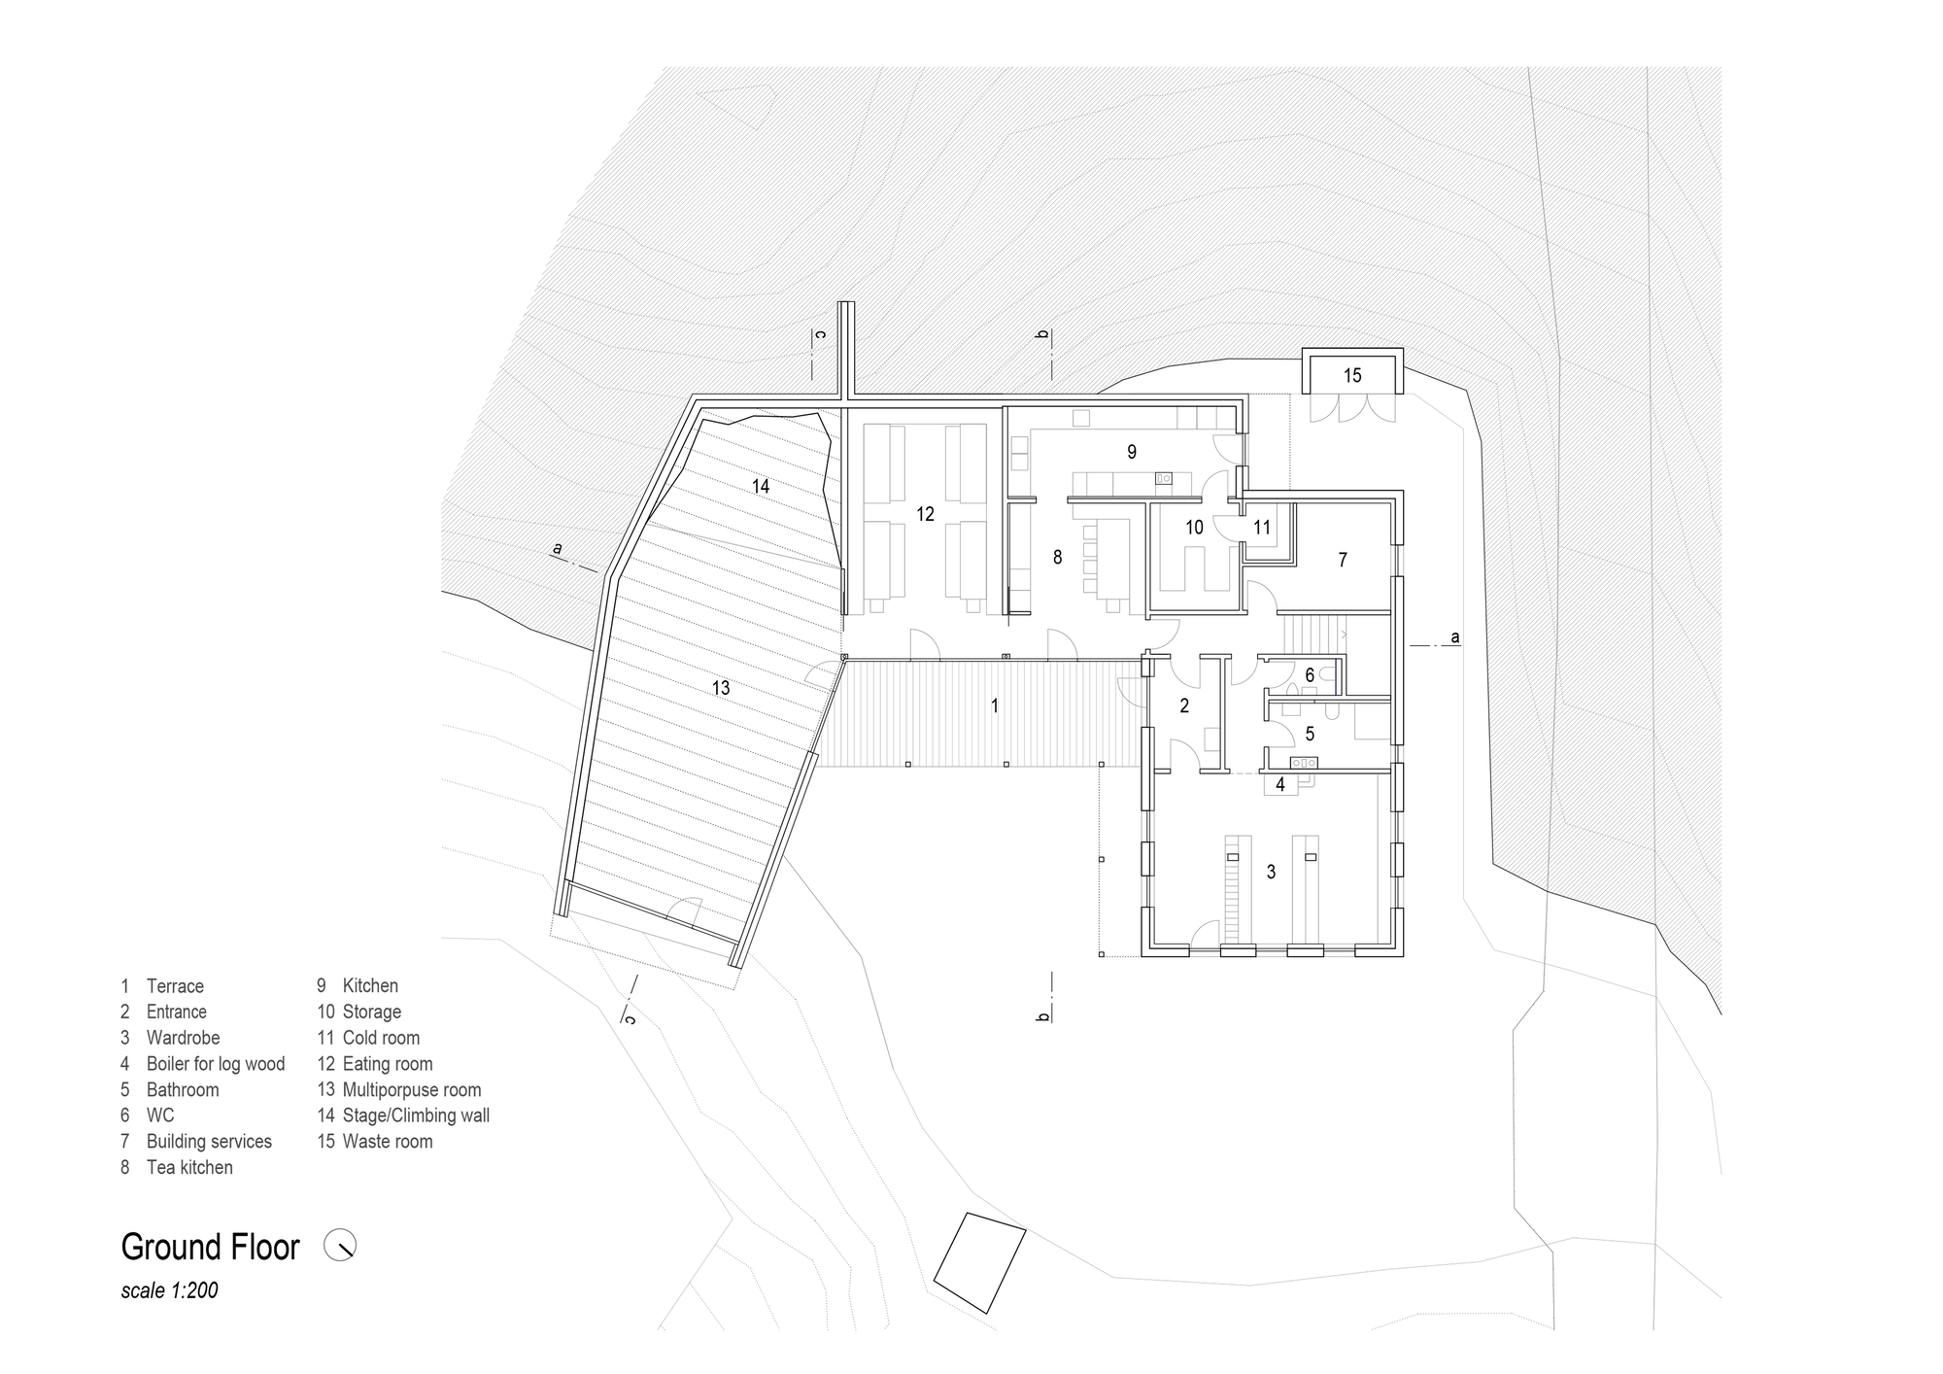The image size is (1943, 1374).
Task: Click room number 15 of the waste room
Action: coord(1352,376)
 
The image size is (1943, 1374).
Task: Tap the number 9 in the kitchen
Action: coord(1132,452)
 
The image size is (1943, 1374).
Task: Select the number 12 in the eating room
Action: coord(925,514)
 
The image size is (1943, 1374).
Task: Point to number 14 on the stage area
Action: coord(761,486)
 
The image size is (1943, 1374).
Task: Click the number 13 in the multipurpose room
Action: coord(721,688)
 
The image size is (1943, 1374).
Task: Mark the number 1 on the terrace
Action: coord(995,706)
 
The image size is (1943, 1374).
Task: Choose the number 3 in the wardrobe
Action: coord(1271,873)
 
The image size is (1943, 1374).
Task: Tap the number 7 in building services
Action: coord(1343,561)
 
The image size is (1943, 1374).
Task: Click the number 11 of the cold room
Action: coord(1262,528)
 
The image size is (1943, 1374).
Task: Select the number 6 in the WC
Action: coord(1310,675)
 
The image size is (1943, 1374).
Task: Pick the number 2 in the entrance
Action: coord(1184,706)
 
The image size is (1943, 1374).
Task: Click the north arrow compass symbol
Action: coord(340,1246)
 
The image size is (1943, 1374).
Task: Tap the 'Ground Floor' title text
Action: coord(211,1248)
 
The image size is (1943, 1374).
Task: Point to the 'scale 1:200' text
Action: coord(169,1291)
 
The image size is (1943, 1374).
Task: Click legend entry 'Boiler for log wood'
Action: coord(216,1064)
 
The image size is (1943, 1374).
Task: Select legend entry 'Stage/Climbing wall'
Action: coord(416,1116)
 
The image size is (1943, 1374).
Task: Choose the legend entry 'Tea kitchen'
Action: coord(189,1168)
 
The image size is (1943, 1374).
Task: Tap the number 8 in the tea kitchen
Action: coord(1058,557)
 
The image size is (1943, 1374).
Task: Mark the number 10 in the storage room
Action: coord(1194,528)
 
